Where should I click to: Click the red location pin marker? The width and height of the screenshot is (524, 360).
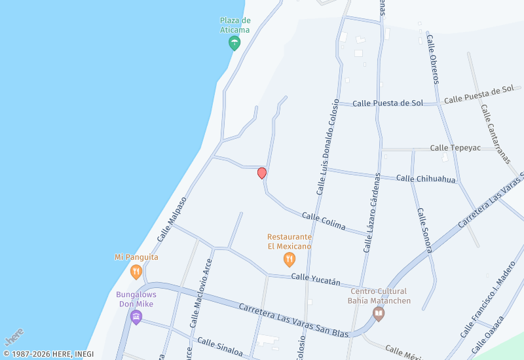(x=262, y=173)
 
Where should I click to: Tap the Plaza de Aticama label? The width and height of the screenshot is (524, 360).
(x=234, y=25)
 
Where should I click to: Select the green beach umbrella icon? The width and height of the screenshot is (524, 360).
(x=234, y=44)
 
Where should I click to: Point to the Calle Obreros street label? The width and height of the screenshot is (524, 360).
(x=432, y=60)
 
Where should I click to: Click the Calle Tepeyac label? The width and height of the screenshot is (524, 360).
(x=455, y=148)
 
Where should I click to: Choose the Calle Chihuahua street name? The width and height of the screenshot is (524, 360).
(x=426, y=179)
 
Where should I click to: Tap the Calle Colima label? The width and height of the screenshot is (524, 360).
(x=323, y=221)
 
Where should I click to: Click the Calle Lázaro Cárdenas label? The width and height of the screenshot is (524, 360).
(x=372, y=213)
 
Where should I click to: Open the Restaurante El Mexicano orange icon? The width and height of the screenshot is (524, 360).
(x=289, y=261)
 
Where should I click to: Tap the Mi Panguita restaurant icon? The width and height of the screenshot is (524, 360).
(x=136, y=272)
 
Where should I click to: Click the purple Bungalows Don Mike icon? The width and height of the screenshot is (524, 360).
(x=136, y=317)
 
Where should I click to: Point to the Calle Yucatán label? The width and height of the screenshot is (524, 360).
(x=316, y=279)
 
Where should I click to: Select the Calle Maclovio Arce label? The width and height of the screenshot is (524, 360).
(x=201, y=293)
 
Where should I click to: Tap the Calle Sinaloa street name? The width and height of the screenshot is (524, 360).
(x=220, y=348)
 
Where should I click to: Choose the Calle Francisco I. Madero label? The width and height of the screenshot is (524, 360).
(x=487, y=298)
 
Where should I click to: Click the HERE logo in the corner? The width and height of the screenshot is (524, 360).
(x=14, y=336)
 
